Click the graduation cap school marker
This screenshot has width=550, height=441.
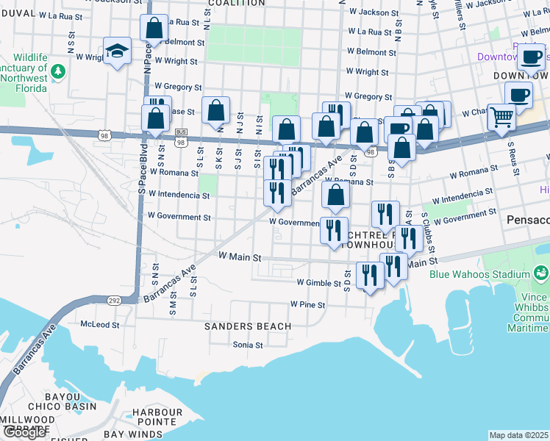[x=117, y=51]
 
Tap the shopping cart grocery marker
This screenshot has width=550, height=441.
[x=501, y=115]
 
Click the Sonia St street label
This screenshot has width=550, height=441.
[x=248, y=344]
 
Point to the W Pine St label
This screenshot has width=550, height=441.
[x=307, y=304]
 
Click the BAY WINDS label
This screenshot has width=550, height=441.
[x=132, y=434]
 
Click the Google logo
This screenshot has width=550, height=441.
[x=24, y=432]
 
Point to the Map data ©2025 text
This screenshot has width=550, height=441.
[x=518, y=435]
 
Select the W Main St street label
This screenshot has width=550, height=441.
[x=240, y=257]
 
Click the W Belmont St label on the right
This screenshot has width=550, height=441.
[x=372, y=52]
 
